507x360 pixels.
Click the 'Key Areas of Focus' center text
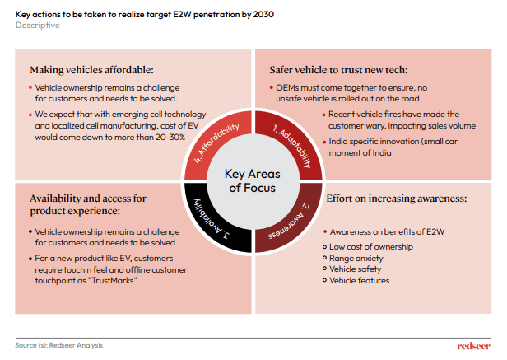[253, 180]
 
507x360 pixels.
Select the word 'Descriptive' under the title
[38, 26]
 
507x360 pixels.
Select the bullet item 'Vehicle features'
[361, 281]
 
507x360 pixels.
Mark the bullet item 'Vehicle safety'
[357, 269]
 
